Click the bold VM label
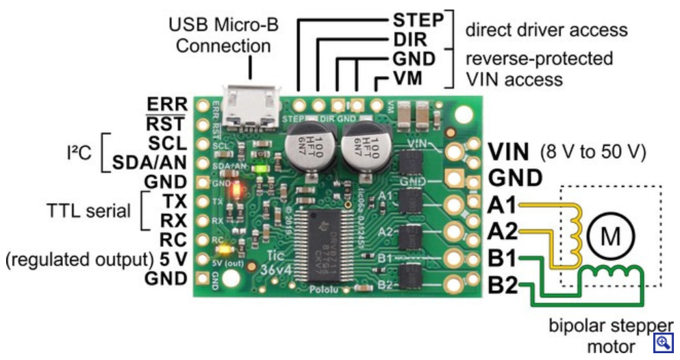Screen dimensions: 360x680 point(412,79)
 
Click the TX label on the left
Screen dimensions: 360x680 point(174,201)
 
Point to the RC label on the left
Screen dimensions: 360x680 point(173,240)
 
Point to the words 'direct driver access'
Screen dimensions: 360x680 point(546,29)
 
